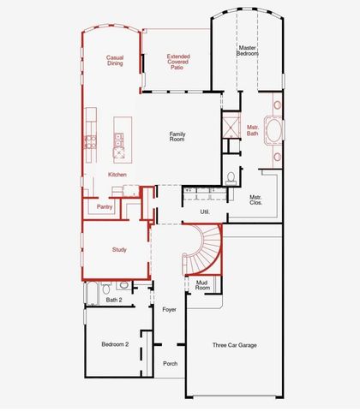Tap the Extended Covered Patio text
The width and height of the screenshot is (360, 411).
[177, 62]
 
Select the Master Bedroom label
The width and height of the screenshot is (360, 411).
[248, 50]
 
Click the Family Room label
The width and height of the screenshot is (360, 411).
[177, 135]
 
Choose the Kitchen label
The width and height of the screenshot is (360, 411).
[117, 175]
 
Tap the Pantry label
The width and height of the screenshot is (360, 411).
[105, 206]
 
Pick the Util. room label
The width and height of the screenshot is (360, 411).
[205, 211]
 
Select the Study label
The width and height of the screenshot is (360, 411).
[119, 249]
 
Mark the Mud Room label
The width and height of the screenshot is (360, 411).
[202, 286]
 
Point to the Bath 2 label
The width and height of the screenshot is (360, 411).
[114, 300]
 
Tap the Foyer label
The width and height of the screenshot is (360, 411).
[169, 308]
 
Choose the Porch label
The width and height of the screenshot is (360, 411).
[171, 363]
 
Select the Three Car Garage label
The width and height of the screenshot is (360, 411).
[234, 345]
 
